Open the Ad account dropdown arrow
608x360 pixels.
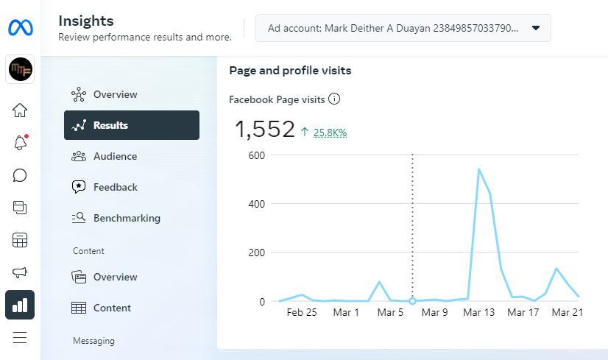[536, 28]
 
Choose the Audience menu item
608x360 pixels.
[114, 156]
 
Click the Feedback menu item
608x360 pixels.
[115, 187]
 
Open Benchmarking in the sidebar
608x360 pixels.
[126, 218]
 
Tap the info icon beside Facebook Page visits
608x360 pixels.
[334, 99]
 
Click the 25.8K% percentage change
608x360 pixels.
[330, 133]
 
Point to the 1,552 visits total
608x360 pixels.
[264, 130]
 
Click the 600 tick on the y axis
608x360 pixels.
[256, 155]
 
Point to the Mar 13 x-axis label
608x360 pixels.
[480, 312]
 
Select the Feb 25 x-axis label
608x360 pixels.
[301, 312]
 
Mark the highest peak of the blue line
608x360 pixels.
[479, 169]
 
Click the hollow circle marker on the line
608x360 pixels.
[412, 301]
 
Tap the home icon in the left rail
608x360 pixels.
[20, 110]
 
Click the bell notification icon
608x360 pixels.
[20, 143]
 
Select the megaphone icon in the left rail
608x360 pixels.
[20, 272]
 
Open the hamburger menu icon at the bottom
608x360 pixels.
[20, 338]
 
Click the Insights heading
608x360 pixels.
[86, 21]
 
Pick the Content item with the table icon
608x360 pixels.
[112, 308]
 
